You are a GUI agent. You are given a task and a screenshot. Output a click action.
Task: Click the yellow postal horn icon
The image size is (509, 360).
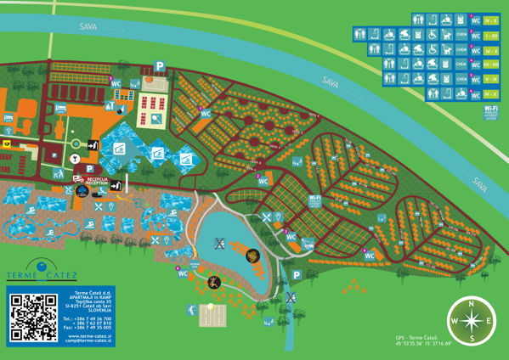(x=8, y=144)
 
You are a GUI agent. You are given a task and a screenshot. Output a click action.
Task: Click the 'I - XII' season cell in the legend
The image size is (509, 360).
(x=490, y=36)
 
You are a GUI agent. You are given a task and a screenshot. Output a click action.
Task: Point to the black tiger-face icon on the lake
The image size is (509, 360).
(x=252, y=255)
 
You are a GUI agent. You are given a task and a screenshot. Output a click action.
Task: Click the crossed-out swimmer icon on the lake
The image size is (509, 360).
(x=219, y=243)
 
